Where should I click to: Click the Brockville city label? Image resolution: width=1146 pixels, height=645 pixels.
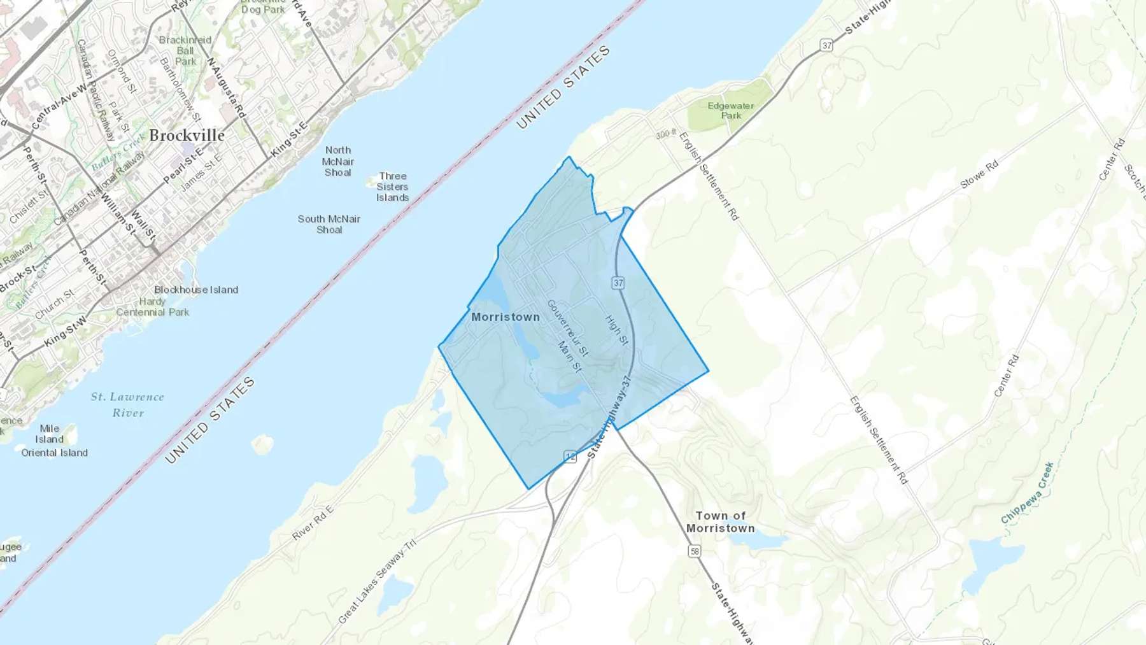click(x=187, y=136)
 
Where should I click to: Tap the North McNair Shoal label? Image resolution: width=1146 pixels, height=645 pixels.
click(x=337, y=161)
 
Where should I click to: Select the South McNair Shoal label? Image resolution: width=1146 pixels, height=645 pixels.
click(x=329, y=224)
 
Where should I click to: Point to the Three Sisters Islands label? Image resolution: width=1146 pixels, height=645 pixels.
click(x=392, y=187)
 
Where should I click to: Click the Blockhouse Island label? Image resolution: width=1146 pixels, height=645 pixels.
click(x=196, y=290)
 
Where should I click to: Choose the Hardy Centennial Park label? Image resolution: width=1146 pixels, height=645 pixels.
click(x=153, y=307)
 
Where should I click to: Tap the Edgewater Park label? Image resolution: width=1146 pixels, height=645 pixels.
click(x=730, y=111)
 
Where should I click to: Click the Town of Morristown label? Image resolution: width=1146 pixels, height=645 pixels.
click(x=720, y=522)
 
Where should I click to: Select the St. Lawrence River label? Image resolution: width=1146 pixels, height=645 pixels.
click(x=127, y=405)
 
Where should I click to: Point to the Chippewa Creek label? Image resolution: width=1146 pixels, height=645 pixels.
click(x=1027, y=493)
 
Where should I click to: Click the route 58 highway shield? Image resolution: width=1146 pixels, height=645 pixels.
click(x=695, y=551)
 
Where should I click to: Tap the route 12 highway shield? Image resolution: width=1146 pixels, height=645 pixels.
click(x=570, y=457)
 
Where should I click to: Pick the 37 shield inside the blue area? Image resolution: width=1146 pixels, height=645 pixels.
click(x=618, y=283)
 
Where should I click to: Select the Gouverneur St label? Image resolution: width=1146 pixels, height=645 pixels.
click(x=567, y=328)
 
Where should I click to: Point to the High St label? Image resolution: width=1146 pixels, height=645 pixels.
click(x=616, y=330)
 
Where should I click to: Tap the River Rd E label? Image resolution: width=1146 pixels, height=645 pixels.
click(x=313, y=523)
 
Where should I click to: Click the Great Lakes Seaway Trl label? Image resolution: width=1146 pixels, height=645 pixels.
click(x=377, y=581)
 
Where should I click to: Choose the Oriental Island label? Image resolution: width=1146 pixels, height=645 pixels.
click(x=55, y=453)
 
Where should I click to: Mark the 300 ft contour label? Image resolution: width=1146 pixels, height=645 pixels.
click(x=666, y=134)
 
